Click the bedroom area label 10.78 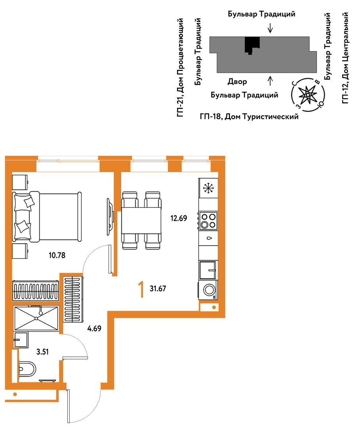coord(57,256)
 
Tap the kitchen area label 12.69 coord(179,218)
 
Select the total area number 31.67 coord(158,289)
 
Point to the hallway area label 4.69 coord(94,329)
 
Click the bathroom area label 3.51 coord(42,352)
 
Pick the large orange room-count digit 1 coord(141,290)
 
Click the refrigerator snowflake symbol coord(209,188)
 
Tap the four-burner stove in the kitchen coord(208,221)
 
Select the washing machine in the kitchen coord(208,290)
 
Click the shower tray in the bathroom coord(36,318)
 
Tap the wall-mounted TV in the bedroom coord(110,216)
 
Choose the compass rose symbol coord(308,95)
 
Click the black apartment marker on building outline coord(252,45)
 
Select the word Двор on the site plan coord(237,82)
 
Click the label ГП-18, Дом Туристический coord(249,117)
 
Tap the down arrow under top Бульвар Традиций coord(270,28)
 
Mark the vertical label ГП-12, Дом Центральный coord(345,57)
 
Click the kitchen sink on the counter coord(208,270)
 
